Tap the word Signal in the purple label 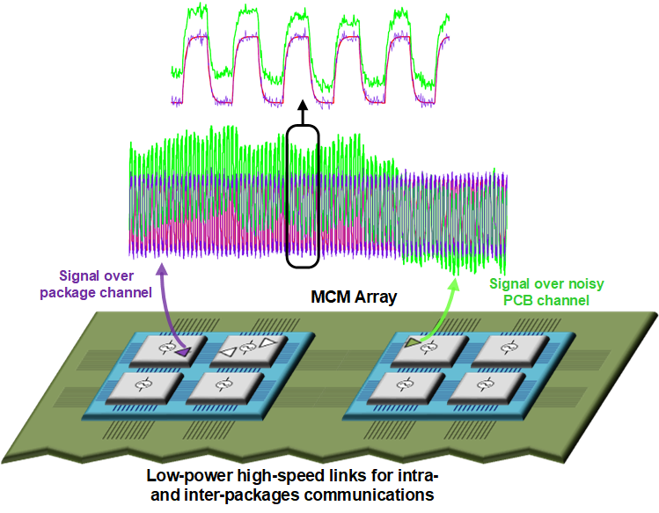click(x=85, y=274)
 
